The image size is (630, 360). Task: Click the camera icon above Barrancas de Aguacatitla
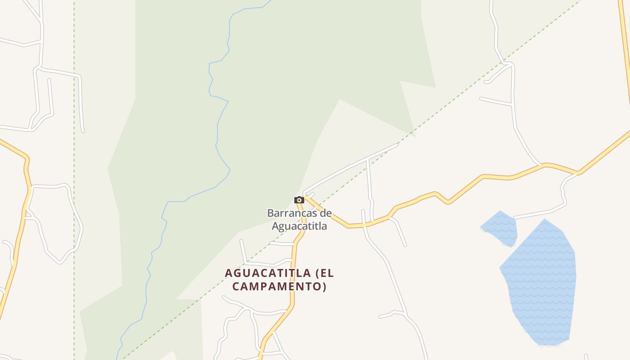point(299,200)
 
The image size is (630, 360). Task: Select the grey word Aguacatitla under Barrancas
point(299,226)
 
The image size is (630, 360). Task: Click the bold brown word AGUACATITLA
point(268,273)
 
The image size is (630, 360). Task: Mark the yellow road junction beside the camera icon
point(306,198)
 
